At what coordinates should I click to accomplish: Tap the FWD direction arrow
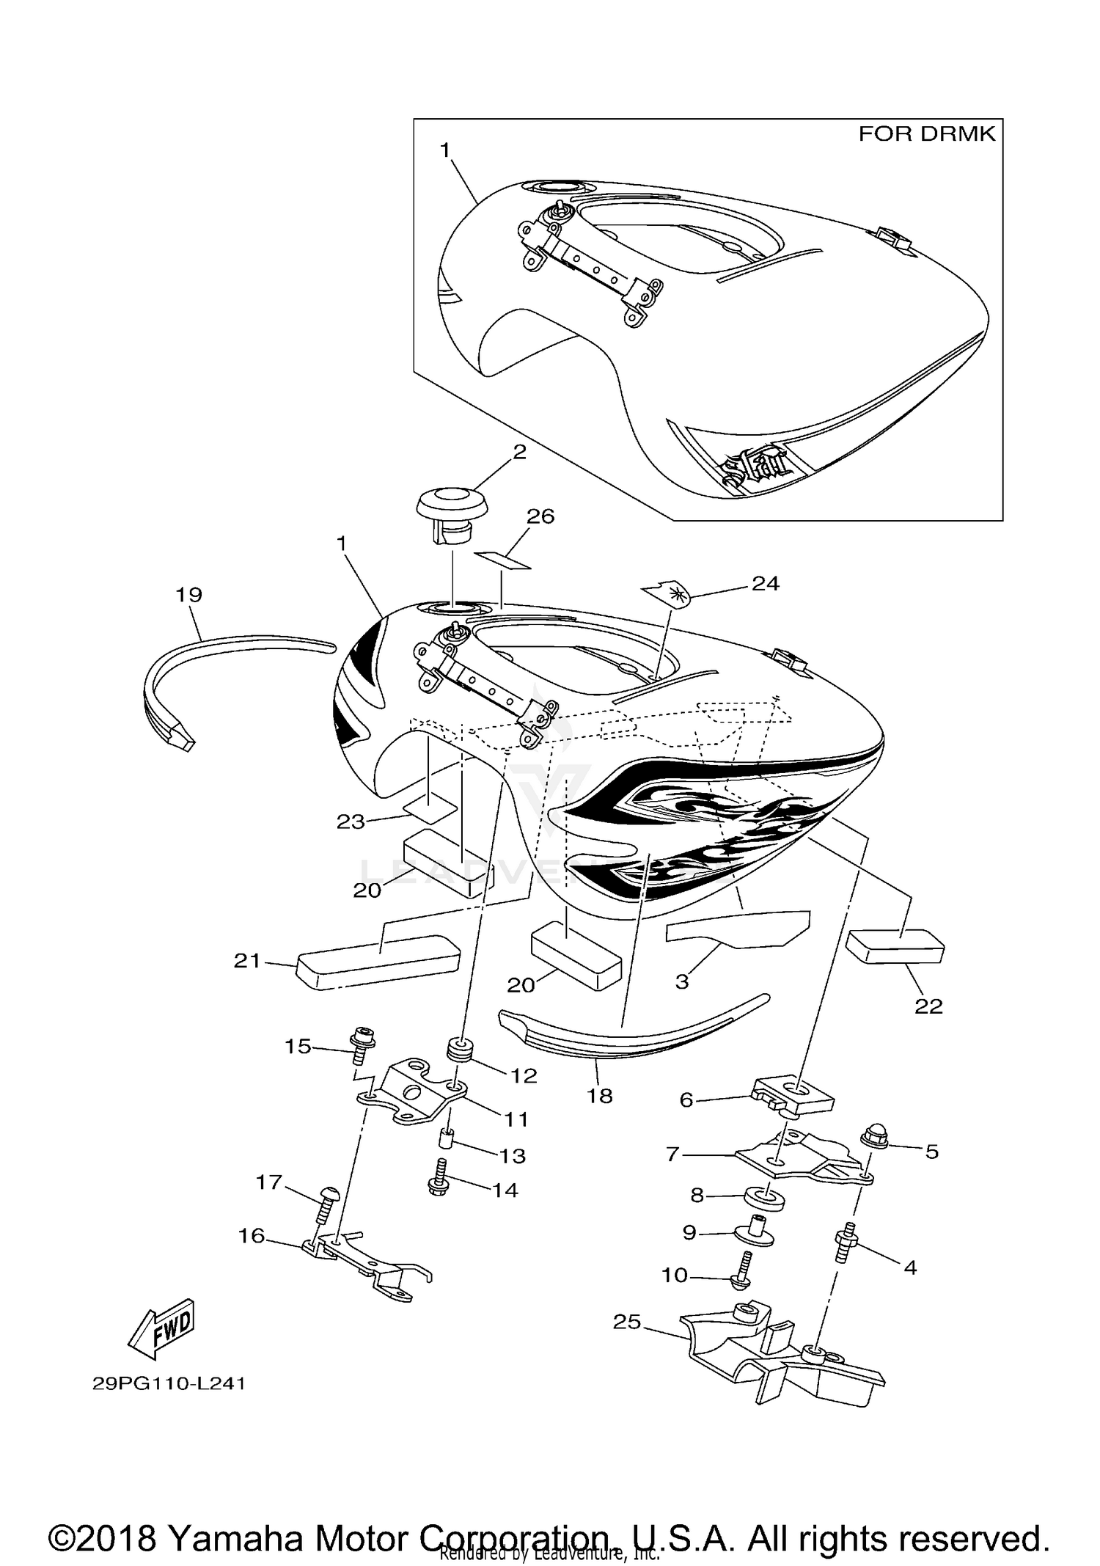162,1327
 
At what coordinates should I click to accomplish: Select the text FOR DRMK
926,134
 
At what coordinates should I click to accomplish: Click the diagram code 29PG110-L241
169,1384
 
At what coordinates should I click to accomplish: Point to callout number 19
189,595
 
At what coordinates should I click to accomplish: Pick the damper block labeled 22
895,945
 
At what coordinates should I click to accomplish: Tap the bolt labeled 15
363,1052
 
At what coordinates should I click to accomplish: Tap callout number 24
765,583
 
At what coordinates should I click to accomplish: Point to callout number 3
682,982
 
